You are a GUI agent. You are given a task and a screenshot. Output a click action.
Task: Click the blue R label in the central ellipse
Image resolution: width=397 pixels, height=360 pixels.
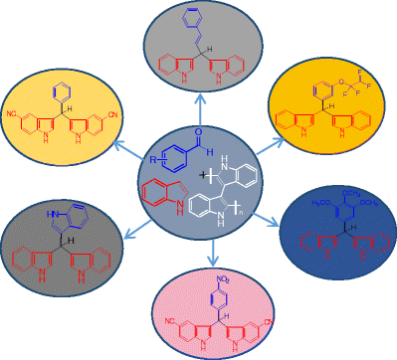149,156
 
